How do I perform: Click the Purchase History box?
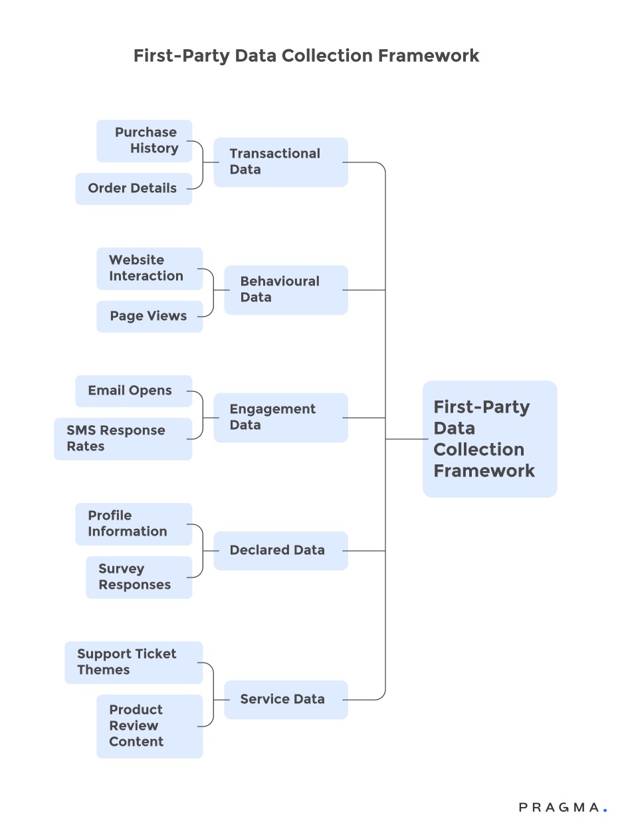(144, 140)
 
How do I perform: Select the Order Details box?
(133, 188)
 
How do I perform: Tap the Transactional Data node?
(280, 162)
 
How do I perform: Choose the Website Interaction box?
(150, 268)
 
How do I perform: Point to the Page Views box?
(150, 316)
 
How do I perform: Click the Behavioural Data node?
(286, 289)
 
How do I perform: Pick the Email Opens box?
(133, 391)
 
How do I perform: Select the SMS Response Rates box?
(123, 438)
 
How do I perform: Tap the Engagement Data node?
(280, 417)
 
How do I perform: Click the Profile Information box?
(133, 524)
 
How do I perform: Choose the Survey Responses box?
(139, 577)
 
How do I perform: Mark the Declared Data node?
(280, 550)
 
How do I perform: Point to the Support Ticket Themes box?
(133, 662)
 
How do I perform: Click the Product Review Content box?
(150, 726)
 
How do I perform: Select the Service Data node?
(286, 699)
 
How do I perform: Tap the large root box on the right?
(489, 438)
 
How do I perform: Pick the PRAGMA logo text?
(559, 808)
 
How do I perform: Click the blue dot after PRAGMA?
(605, 810)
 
